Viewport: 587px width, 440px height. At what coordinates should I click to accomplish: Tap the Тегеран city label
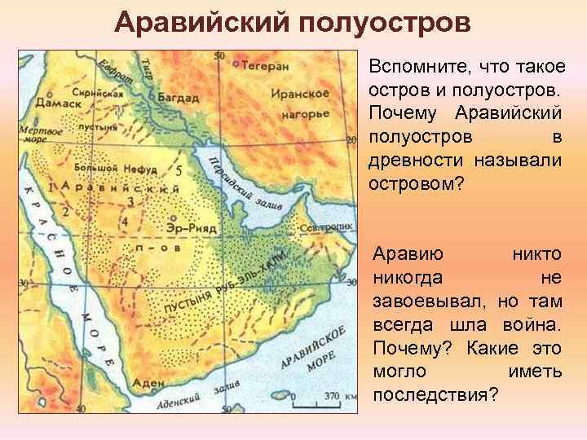[263, 63]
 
